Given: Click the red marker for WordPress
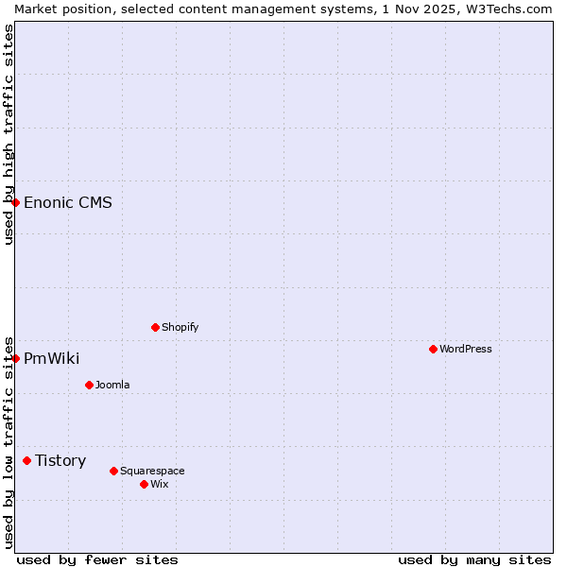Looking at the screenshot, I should tap(433, 349).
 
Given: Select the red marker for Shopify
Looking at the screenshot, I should tap(155, 327).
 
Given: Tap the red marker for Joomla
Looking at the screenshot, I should tap(89, 385).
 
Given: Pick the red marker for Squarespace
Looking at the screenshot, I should tap(113, 471).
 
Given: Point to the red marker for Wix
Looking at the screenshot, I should tap(144, 484).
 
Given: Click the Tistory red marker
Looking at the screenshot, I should tap(26, 460).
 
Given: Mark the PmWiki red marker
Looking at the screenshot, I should tap(15, 358).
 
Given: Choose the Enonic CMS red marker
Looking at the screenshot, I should tap(15, 202).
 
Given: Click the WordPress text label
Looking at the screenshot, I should tap(465, 349).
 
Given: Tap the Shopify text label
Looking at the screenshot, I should tap(180, 327).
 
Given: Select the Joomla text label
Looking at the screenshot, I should tap(112, 385).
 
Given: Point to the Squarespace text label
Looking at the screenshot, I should tap(152, 471).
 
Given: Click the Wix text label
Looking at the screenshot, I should tap(159, 484).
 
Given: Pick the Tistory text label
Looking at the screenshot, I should tap(60, 460).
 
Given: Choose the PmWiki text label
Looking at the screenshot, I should tap(51, 358).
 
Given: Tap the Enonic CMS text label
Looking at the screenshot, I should tap(68, 202).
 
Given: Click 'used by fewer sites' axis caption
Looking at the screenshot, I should tap(97, 559).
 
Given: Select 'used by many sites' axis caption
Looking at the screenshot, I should tap(474, 559).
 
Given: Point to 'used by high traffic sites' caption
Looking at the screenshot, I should tap(9, 134).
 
